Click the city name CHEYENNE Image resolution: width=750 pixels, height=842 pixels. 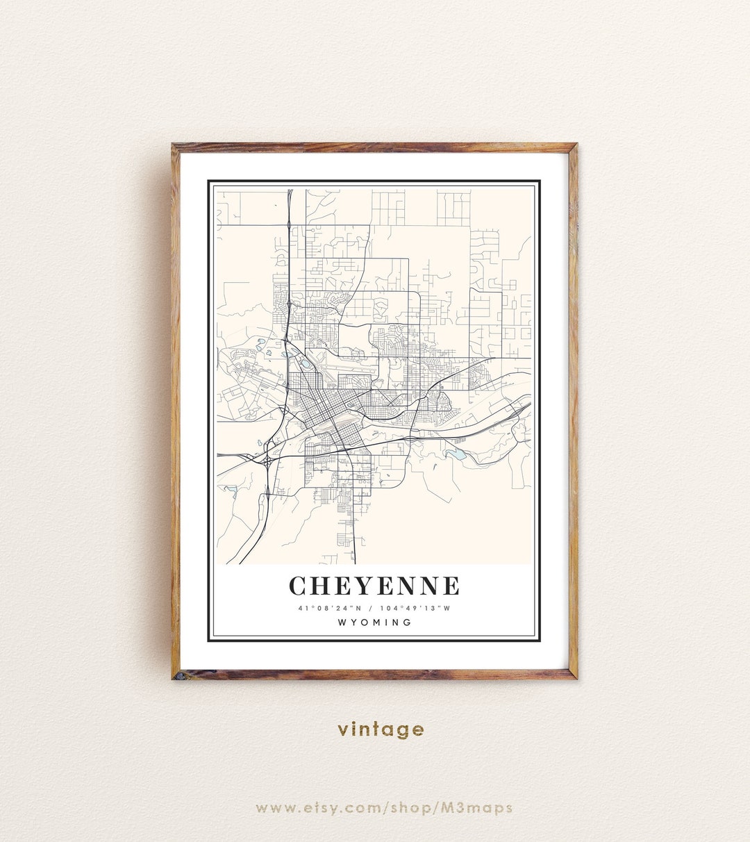(374, 586)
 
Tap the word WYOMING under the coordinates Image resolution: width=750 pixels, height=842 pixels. (374, 622)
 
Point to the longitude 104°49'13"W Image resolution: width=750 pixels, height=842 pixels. (415, 609)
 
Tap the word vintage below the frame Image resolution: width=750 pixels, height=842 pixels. (381, 729)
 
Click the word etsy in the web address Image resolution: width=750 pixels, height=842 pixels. (333, 808)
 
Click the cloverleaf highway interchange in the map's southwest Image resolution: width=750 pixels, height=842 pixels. (267, 460)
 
